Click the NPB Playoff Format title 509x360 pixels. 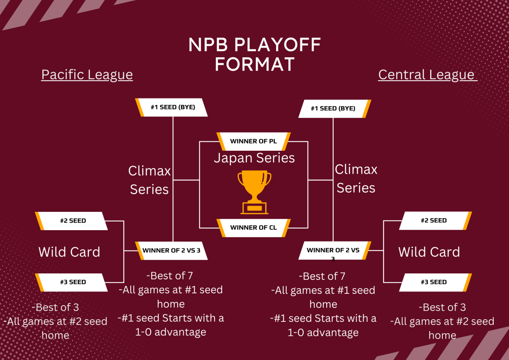(255, 54)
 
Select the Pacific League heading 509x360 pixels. (87, 75)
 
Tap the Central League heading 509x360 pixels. (427, 75)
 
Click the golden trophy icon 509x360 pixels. (254, 192)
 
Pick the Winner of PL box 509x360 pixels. (254, 141)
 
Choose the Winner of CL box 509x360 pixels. (254, 228)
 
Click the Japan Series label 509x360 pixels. (254, 158)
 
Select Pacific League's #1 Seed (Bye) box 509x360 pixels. (172, 107)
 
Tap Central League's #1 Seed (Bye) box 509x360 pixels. (334, 108)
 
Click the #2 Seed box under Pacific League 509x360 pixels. (72, 221)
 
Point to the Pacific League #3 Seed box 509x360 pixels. (72, 282)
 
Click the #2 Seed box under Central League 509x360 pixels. (434, 221)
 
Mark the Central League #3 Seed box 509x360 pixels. (434, 282)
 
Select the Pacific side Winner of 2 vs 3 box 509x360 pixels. (171, 250)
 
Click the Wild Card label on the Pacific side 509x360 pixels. (69, 252)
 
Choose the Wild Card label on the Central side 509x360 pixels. (429, 252)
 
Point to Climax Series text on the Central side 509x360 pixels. (356, 179)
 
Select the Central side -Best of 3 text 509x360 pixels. (442, 307)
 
